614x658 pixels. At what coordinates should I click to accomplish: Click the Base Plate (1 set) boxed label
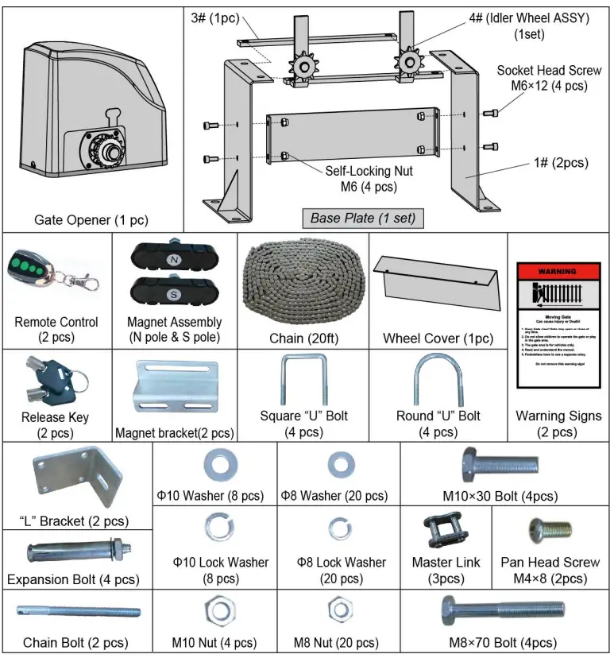[362, 218]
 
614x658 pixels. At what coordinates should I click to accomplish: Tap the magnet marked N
[174, 260]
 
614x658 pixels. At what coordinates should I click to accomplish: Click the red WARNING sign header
[558, 271]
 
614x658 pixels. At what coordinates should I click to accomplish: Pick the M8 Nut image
[337, 610]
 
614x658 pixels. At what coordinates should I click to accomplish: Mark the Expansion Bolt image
[74, 550]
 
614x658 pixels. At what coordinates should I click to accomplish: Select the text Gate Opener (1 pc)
[91, 219]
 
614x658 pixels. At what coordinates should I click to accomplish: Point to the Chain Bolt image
[78, 612]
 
